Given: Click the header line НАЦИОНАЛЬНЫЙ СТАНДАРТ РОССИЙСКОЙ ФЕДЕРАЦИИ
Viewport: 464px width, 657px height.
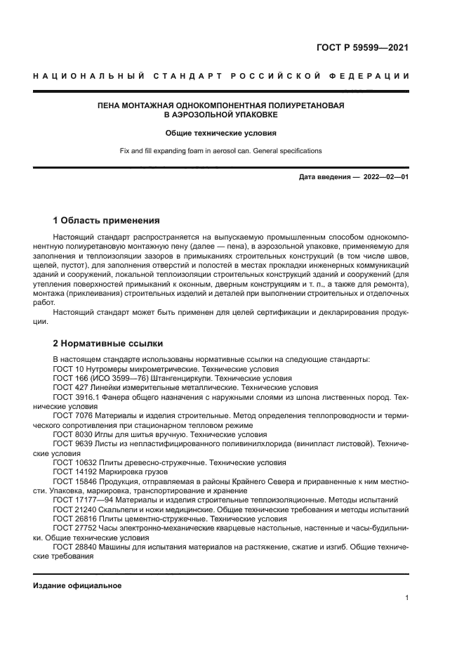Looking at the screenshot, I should click(x=221, y=75).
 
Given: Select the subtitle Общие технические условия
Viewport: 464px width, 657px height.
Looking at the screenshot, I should click(x=220, y=133).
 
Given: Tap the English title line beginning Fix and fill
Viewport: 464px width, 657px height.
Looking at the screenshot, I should click(x=220, y=151).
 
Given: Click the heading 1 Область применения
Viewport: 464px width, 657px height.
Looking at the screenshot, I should click(x=107, y=220).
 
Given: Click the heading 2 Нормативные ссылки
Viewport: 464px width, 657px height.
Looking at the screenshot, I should click(x=108, y=344).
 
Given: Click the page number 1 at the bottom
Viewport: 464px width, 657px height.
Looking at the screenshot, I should click(x=406, y=598).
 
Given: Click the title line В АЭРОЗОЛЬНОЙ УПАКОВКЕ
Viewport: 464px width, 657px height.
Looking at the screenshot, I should click(x=220, y=115).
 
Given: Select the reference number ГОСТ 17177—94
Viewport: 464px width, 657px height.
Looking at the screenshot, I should click(x=84, y=500).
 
